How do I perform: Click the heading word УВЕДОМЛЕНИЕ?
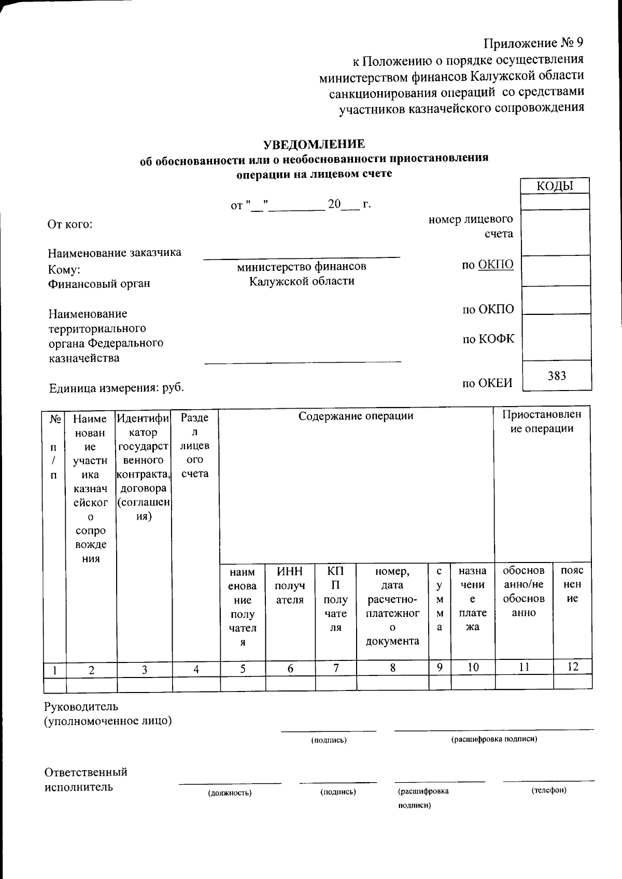pyautogui.click(x=314, y=143)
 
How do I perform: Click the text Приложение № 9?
pyautogui.click(x=534, y=42)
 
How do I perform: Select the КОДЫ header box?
pyautogui.click(x=555, y=186)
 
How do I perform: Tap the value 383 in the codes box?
pyautogui.click(x=557, y=376)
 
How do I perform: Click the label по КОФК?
pyautogui.click(x=488, y=339)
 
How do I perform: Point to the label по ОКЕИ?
pyautogui.click(x=487, y=383)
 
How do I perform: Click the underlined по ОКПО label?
pyautogui.click(x=488, y=265)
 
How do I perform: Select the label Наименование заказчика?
pyautogui.click(x=115, y=253)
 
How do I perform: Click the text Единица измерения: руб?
pyautogui.click(x=116, y=388)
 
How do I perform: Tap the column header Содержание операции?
pyautogui.click(x=356, y=415)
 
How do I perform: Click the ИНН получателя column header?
pyautogui.click(x=290, y=585)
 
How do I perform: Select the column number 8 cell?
pyautogui.click(x=393, y=668)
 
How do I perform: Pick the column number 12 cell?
pyautogui.click(x=572, y=667)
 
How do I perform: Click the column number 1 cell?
pyautogui.click(x=54, y=670)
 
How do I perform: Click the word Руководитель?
pyautogui.click(x=81, y=706)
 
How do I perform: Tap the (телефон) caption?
pyautogui.click(x=549, y=790)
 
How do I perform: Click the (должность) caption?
pyautogui.click(x=230, y=792)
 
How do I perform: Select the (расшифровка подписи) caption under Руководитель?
pyautogui.click(x=494, y=739)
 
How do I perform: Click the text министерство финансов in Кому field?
pyautogui.click(x=302, y=267)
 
